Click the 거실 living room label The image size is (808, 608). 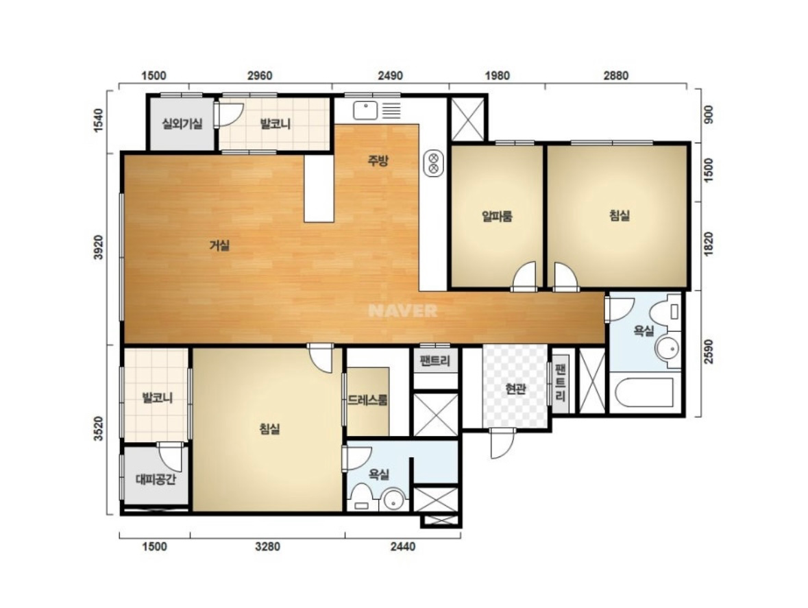click(x=219, y=246)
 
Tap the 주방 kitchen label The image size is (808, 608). click(x=378, y=161)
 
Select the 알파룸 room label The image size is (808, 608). click(x=497, y=216)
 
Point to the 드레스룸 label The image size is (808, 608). click(x=367, y=400)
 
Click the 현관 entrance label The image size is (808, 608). click(x=515, y=389)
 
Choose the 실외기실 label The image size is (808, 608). click(x=182, y=123)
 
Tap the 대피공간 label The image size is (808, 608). click(x=156, y=480)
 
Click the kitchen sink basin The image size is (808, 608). click(x=365, y=111)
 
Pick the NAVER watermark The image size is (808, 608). click(x=403, y=311)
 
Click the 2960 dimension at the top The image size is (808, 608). click(x=260, y=75)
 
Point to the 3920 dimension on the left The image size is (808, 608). click(x=99, y=248)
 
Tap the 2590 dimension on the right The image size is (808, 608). click(x=709, y=352)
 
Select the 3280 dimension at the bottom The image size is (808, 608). click(x=267, y=547)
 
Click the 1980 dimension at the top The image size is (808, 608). click(x=498, y=75)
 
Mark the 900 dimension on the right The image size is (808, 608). click(x=709, y=114)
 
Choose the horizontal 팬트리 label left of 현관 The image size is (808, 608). click(x=435, y=361)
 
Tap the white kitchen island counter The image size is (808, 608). click(x=319, y=189)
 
